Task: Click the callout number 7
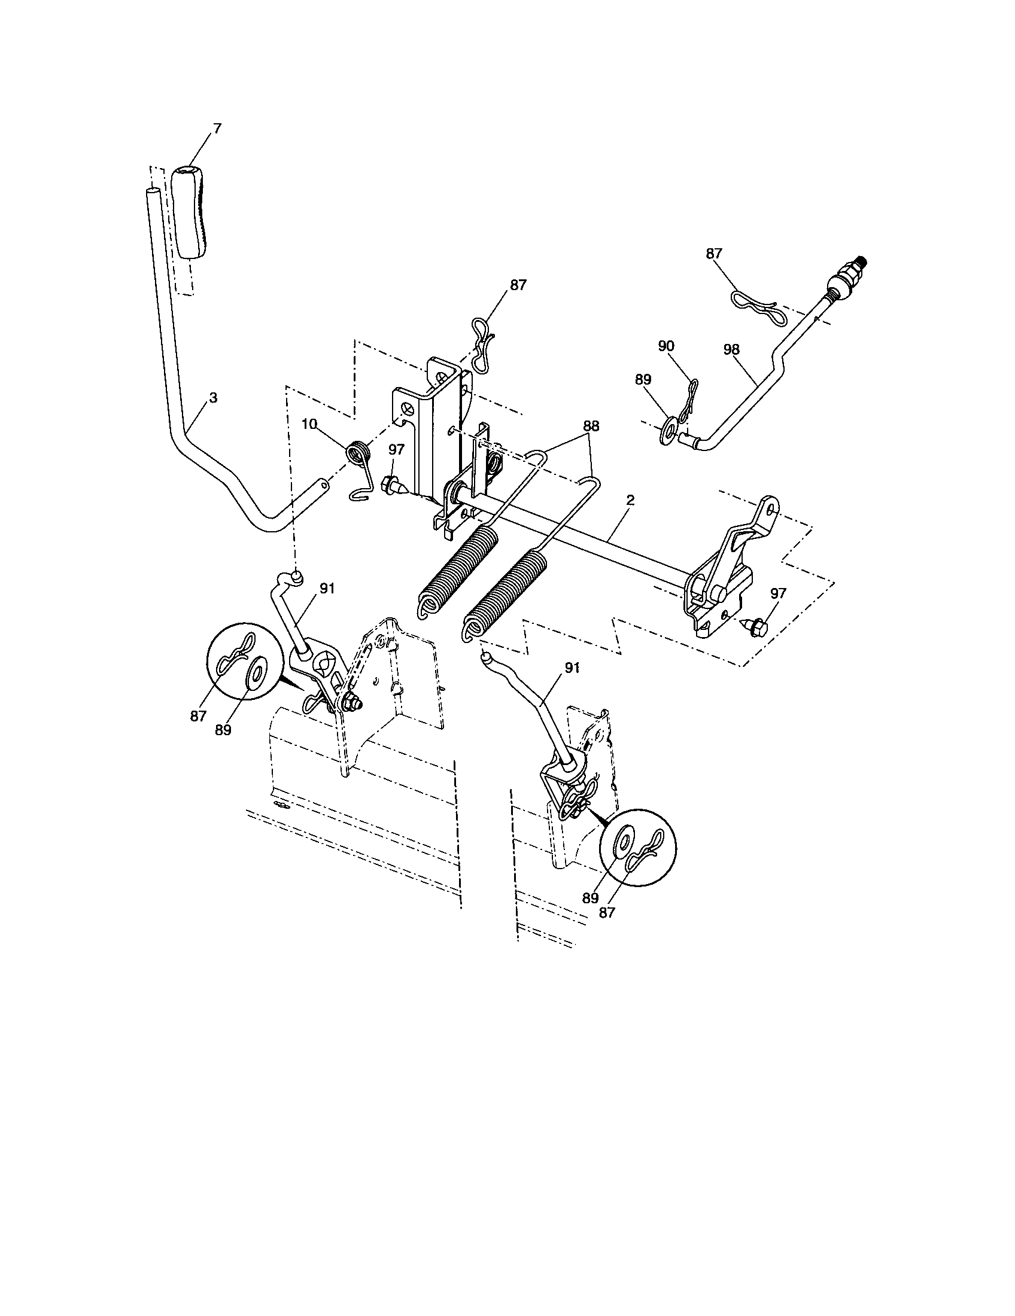pyautogui.click(x=217, y=129)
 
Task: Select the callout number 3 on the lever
pyautogui.click(x=213, y=398)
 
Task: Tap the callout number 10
pyautogui.click(x=309, y=424)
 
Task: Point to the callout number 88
pyautogui.click(x=591, y=425)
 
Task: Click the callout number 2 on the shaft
pyautogui.click(x=630, y=499)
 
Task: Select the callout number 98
pyautogui.click(x=733, y=349)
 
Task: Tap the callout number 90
pyautogui.click(x=666, y=346)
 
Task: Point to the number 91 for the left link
pyautogui.click(x=327, y=589)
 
